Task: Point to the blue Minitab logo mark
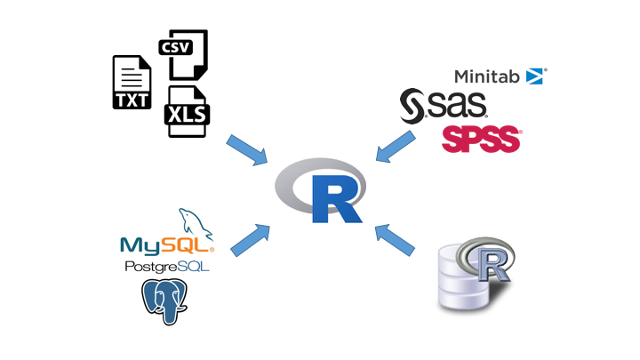point(536,76)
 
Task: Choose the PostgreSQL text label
point(167,267)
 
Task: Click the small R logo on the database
point(485,260)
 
